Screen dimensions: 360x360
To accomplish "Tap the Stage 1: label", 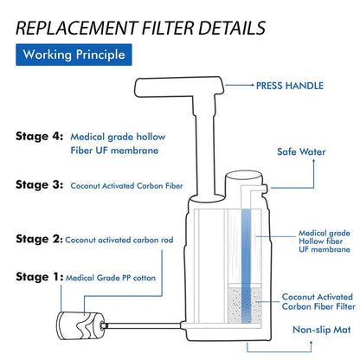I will point(38,277).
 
